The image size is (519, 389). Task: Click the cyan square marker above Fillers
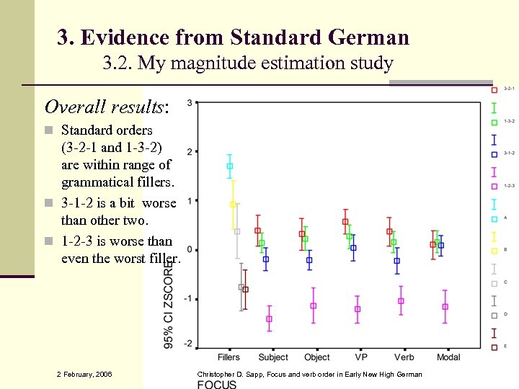pos(230,166)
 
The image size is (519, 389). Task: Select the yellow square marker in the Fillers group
pos(233,205)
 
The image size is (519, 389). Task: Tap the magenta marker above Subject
pos(269,318)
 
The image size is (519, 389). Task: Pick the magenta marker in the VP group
pos(358,309)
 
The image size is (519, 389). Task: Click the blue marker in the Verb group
pos(396,261)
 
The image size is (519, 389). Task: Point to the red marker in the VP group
pos(345,222)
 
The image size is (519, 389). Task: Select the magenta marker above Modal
pos(445,307)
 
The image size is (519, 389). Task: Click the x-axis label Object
pos(317,357)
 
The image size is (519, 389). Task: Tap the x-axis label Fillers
pos(229,357)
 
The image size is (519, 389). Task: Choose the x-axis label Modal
pos(448,357)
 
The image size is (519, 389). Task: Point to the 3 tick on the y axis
pos(189,103)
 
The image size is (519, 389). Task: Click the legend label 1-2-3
pos(509,185)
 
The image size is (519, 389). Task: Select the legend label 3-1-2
pos(509,153)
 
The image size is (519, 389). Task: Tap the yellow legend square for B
pos(494,251)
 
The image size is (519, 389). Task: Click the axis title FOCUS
pos(217,384)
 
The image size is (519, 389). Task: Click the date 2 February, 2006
pos(84,374)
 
